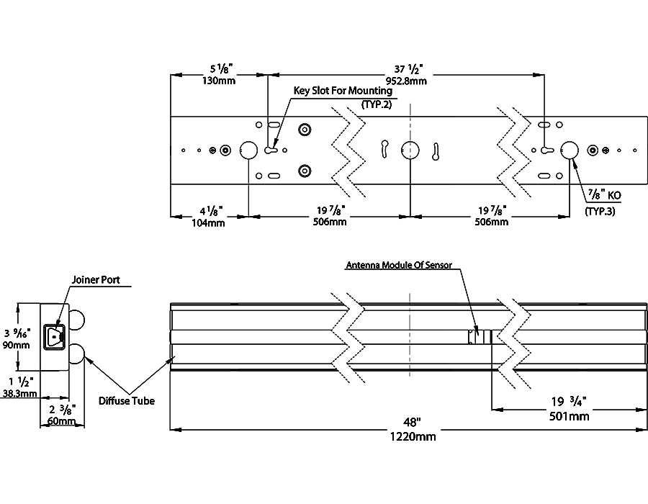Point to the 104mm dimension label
210,222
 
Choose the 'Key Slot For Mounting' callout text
343,91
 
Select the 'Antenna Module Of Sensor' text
399,265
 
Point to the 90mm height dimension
16,345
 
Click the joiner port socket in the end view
54,336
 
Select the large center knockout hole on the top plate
410,150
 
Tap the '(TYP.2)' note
375,105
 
